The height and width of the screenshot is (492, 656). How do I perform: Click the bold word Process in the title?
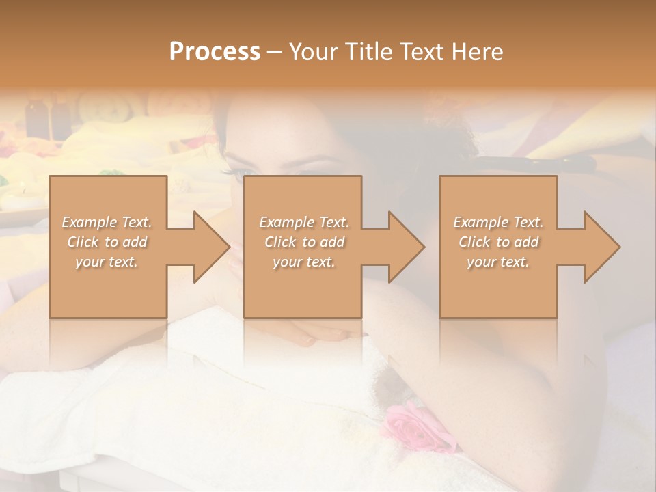tap(215, 52)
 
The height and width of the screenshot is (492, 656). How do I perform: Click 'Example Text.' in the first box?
tap(107, 222)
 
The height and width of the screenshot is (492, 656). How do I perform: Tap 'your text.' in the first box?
tap(107, 262)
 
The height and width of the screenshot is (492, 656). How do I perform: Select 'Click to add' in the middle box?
tap(304, 242)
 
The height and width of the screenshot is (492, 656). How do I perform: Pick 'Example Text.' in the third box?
tap(498, 222)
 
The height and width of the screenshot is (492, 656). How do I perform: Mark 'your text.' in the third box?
tap(498, 262)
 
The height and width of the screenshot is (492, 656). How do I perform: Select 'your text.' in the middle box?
tap(304, 262)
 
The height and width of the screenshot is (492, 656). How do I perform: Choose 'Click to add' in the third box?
tap(498, 242)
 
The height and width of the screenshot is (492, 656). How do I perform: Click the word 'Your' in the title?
tap(311, 52)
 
